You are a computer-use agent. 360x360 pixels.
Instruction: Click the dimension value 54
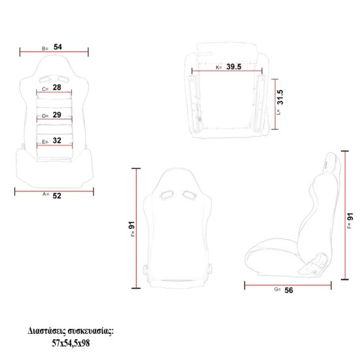tap(58, 47)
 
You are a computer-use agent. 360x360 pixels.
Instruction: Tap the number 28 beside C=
tap(57, 87)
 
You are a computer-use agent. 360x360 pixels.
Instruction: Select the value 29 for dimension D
tap(57, 115)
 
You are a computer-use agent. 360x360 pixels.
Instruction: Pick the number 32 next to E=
tap(57, 140)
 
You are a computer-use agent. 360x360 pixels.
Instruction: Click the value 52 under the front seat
tap(57, 196)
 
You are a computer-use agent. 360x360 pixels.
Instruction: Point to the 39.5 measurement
tap(234, 67)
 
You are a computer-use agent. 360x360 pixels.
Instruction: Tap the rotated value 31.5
tap(280, 97)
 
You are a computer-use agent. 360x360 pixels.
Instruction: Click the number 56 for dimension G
tap(289, 290)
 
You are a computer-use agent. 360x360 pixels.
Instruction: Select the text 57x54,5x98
tap(71, 343)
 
